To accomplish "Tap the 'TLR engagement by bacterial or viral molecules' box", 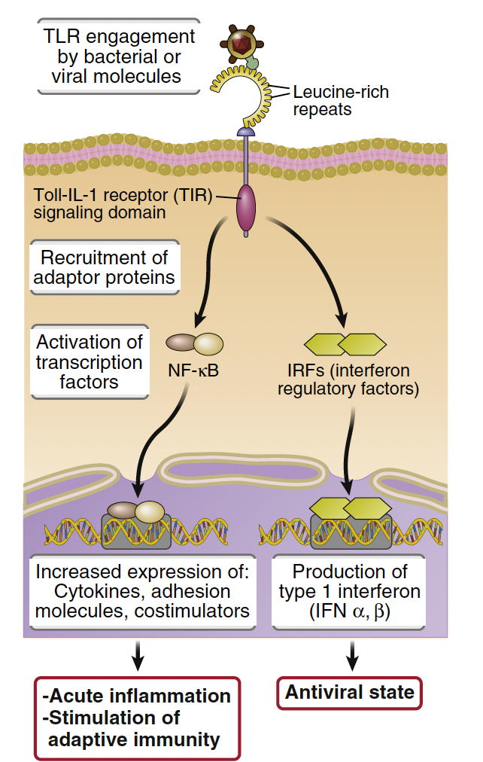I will click(x=118, y=56).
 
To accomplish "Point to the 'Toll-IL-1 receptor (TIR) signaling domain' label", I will click(x=121, y=204).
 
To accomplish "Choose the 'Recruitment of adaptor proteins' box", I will click(x=105, y=269).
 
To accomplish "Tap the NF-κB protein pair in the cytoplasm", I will click(x=195, y=344).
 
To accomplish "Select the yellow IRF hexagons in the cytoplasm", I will click(x=345, y=345).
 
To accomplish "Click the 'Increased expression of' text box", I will click(x=142, y=592).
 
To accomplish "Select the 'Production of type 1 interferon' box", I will click(x=348, y=592).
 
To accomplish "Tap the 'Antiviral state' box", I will click(x=350, y=692).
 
